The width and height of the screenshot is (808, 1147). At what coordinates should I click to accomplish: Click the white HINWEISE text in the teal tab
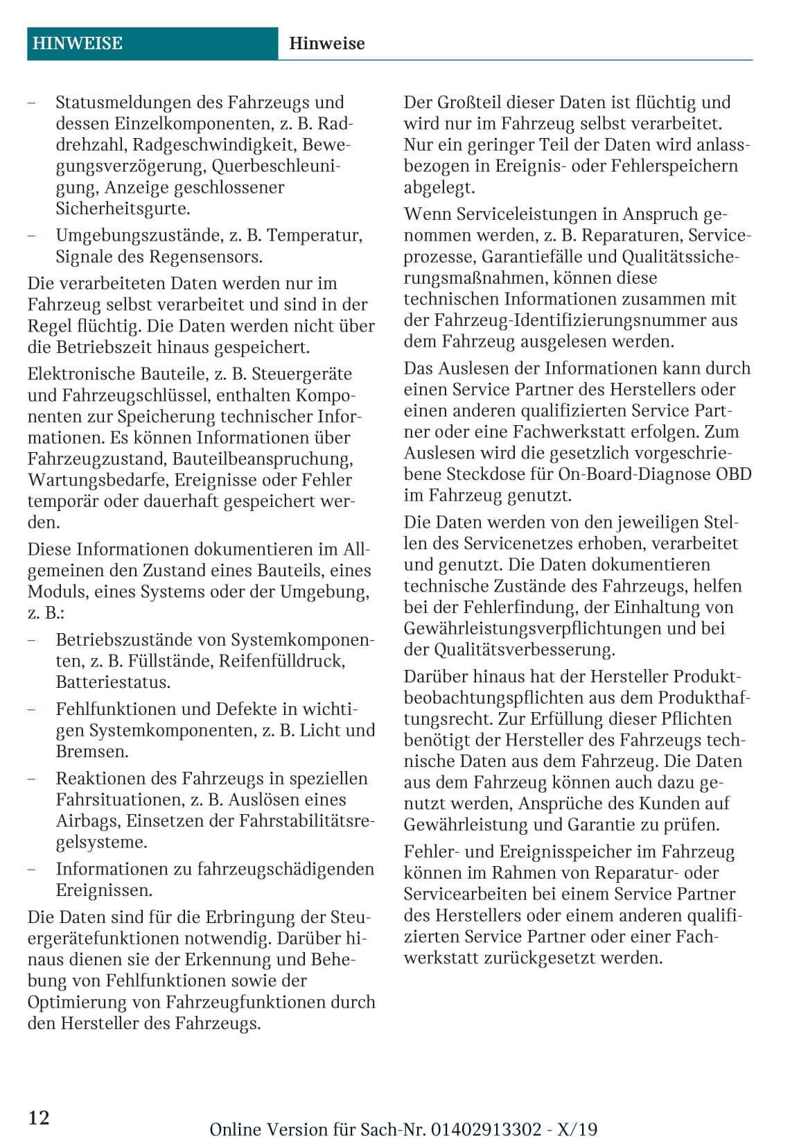pos(77,44)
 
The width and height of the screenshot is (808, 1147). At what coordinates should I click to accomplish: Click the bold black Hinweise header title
pos(326,44)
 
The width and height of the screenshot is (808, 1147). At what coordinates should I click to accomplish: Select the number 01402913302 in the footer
pos(486,1130)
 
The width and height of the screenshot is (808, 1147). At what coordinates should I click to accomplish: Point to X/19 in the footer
pos(577,1130)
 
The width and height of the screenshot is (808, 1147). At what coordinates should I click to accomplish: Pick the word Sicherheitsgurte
pos(123,209)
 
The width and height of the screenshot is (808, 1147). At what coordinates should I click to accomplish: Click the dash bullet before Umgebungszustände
pos(32,236)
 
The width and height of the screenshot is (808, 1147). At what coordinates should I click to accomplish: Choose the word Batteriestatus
pos(113,682)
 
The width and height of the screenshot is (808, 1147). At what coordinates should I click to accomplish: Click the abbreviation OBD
pos(733,474)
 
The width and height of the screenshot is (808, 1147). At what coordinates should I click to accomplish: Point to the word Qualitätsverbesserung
pos(524,650)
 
